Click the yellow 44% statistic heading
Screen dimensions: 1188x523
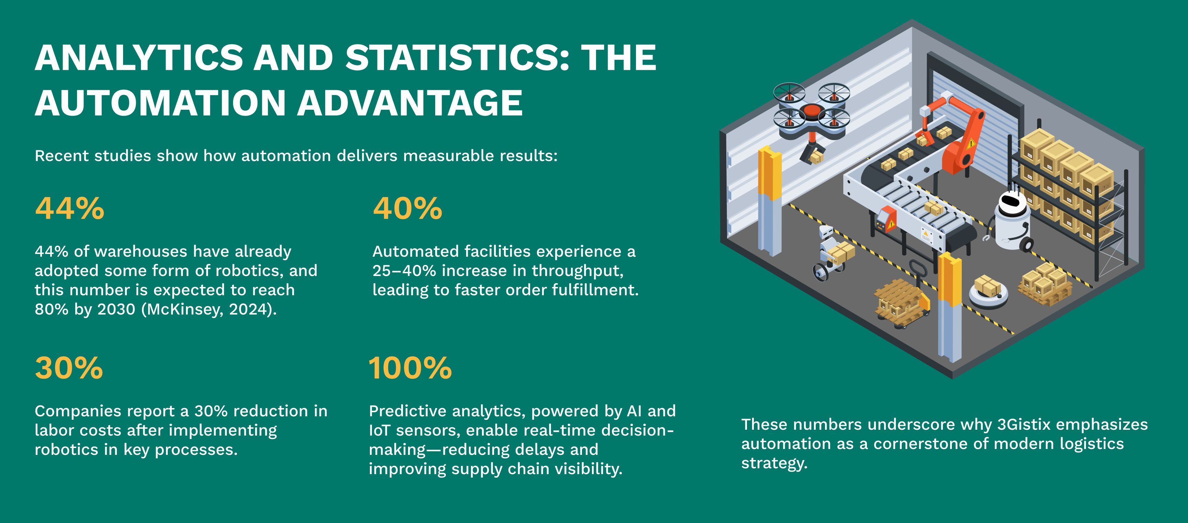pos(70,209)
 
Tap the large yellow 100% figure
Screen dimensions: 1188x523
pos(410,369)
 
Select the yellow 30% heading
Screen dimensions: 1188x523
pos(69,369)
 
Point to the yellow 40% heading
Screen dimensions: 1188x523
pos(408,209)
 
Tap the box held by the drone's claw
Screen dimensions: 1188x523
pos(817,158)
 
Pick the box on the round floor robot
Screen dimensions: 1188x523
pos(987,285)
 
